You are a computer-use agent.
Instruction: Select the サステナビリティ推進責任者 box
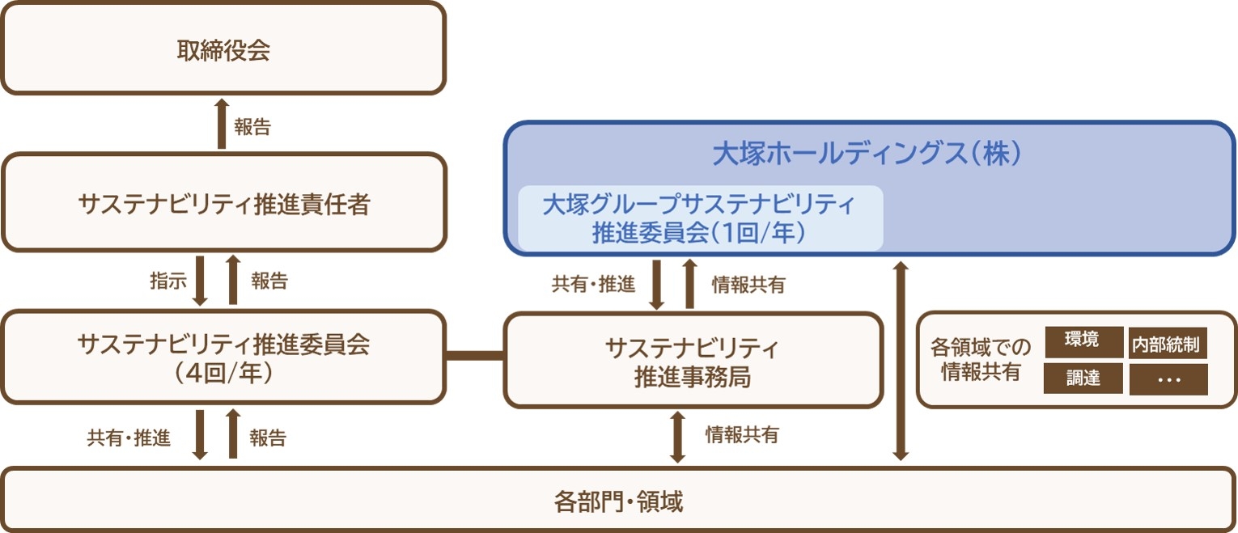(x=223, y=204)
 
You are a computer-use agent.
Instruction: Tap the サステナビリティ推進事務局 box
(x=693, y=361)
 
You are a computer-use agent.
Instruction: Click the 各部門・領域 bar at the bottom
(x=618, y=502)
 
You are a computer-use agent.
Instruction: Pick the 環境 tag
(x=1083, y=341)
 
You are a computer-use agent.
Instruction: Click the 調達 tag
(x=1083, y=378)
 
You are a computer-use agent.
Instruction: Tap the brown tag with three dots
(x=1168, y=379)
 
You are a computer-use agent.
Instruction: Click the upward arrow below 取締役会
(x=222, y=123)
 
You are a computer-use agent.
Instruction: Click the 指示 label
(x=167, y=281)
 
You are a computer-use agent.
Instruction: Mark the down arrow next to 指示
(x=200, y=281)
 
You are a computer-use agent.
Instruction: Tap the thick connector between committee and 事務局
(x=475, y=354)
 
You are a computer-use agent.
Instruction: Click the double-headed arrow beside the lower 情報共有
(x=678, y=437)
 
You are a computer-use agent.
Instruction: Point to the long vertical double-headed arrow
(x=901, y=360)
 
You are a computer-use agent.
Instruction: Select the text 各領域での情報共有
(x=981, y=360)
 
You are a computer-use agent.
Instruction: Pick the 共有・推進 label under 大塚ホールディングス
(x=593, y=285)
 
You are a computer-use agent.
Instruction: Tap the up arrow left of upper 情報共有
(x=689, y=284)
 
